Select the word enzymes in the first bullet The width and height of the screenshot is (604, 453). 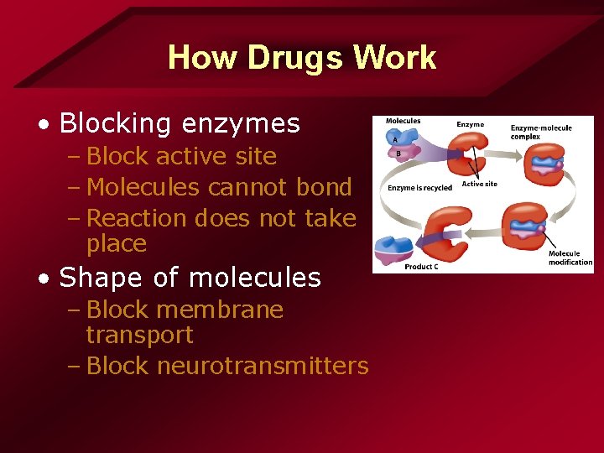point(239,123)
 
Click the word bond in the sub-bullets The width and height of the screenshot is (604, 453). point(322,187)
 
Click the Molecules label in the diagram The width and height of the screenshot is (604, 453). point(403,122)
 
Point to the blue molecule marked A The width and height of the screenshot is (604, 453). point(396,139)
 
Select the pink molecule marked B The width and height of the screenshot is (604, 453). point(398,154)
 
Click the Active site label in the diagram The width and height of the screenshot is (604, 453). point(479,184)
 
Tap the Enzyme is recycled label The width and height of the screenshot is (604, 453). point(419,188)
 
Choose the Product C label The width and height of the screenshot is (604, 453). point(421,267)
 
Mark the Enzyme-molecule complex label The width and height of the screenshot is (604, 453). point(541,132)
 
